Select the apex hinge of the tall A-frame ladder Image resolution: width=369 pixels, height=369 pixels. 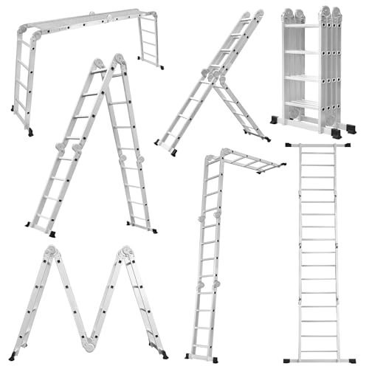(x=117, y=60)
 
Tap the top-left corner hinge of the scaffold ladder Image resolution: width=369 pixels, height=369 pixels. (x=32, y=34)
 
